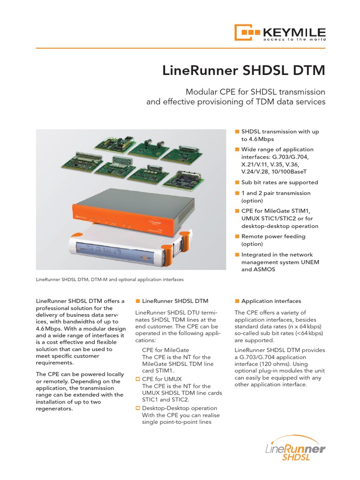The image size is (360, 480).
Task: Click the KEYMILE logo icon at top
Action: tap(247, 33)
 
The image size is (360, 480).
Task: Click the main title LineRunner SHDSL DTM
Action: tap(243, 71)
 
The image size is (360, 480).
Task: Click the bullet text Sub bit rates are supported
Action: tap(279, 182)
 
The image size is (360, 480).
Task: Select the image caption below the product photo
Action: tap(110, 279)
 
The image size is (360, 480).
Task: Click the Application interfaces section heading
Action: tap(271, 301)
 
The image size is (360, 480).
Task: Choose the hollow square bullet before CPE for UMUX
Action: tap(138, 378)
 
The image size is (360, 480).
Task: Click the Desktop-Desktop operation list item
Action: tap(180, 408)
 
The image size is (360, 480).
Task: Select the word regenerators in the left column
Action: tap(54, 408)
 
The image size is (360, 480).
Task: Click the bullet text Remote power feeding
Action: tap(273, 237)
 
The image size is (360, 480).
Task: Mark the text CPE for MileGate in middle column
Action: tap(163, 350)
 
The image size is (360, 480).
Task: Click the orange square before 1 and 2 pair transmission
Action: tap(237, 193)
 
